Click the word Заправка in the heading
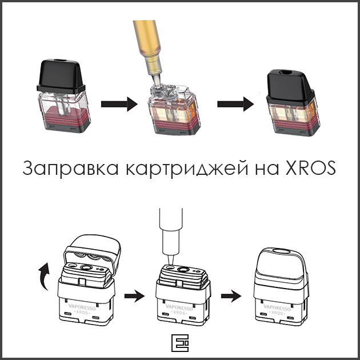[70, 168]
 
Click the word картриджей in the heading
[187, 169]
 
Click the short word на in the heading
[267, 170]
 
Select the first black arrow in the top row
[119, 104]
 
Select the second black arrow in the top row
[235, 104]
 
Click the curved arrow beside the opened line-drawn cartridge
[44, 276]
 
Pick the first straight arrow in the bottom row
[134, 296]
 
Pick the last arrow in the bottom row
[231, 296]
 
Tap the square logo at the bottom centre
[180, 343]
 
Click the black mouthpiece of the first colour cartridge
[61, 76]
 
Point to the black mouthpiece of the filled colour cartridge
[291, 86]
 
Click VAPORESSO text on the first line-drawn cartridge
[82, 307]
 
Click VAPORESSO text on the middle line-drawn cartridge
[179, 307]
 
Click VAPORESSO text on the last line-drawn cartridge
[277, 307]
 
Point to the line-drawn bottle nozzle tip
[171, 265]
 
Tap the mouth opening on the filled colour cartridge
[285, 73]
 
